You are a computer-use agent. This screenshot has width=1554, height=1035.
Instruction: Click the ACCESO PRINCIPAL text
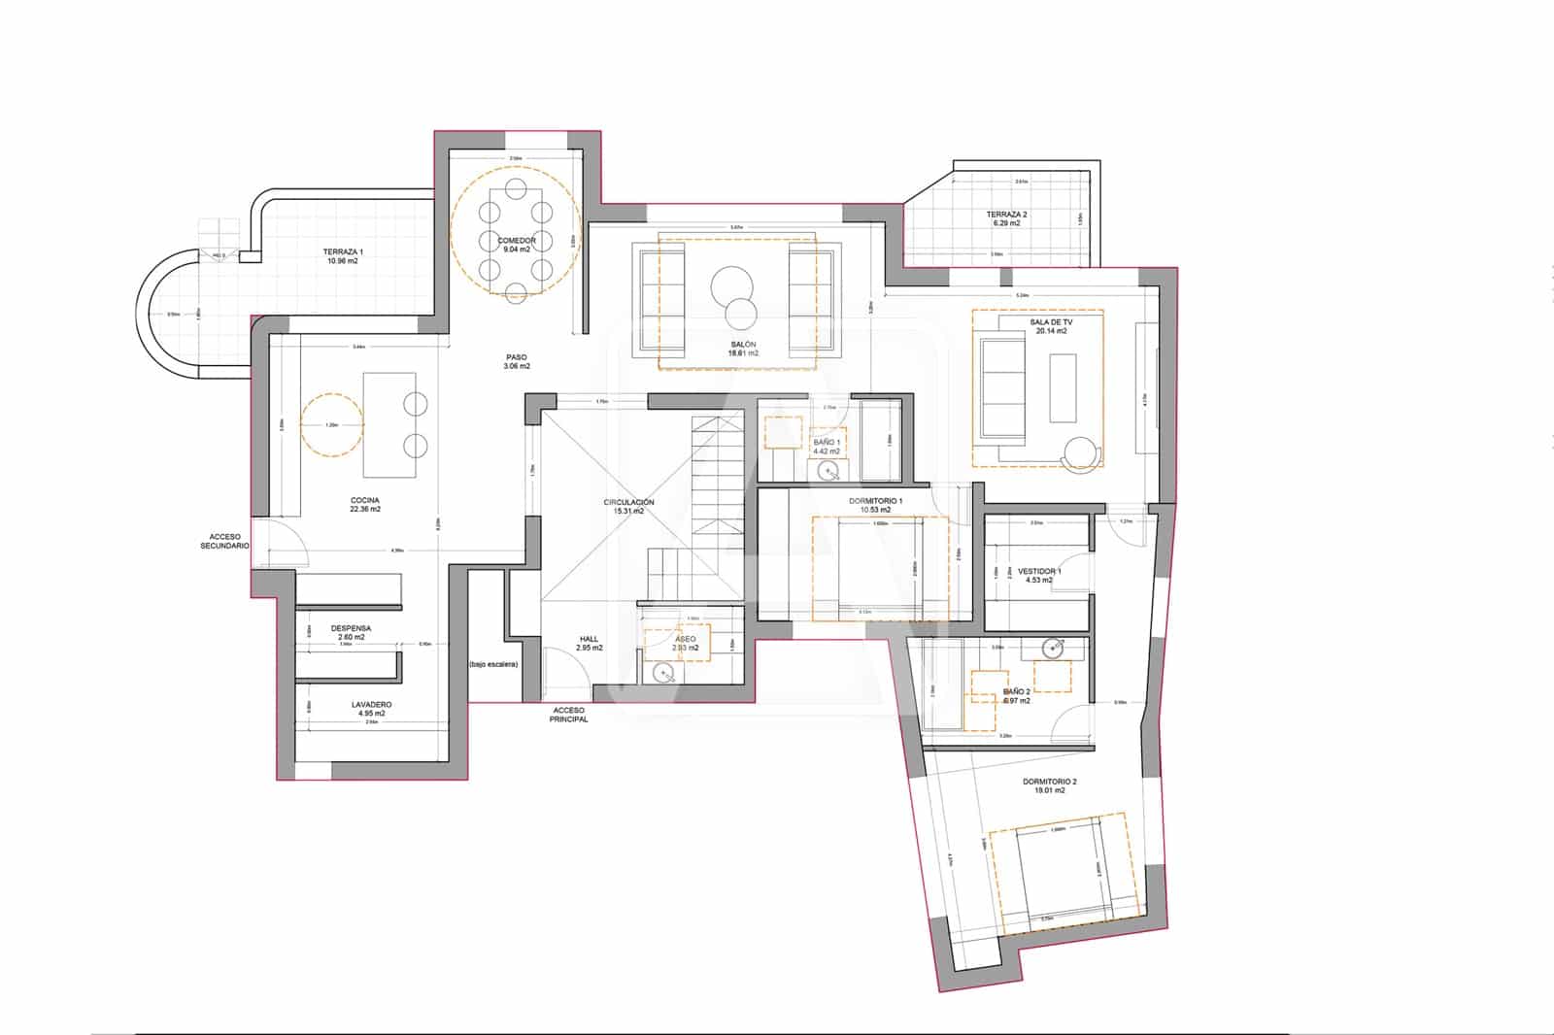click(x=568, y=715)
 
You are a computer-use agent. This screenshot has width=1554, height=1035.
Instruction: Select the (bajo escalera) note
click(x=493, y=664)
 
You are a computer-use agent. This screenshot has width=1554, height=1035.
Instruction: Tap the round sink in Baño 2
click(x=1053, y=648)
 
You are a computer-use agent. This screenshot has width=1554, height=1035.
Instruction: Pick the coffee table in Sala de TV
click(x=1063, y=387)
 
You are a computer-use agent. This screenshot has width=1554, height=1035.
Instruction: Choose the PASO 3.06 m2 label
click(x=516, y=362)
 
